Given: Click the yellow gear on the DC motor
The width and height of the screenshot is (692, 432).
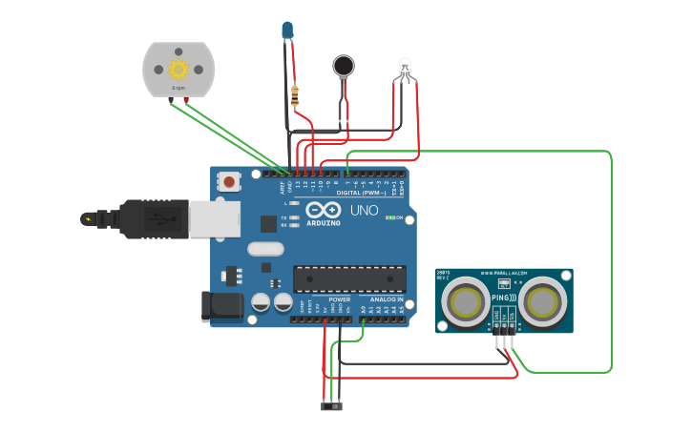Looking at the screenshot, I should [178, 69].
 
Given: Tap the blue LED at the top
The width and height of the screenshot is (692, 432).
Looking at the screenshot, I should [287, 31].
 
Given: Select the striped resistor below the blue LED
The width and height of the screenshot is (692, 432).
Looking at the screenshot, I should [293, 95].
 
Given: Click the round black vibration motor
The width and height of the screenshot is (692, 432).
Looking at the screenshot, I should [343, 65].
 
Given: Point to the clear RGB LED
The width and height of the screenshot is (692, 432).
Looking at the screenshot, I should [405, 69].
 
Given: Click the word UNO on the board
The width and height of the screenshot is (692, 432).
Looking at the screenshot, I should [365, 210].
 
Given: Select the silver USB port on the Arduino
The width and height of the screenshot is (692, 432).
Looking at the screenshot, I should [214, 219].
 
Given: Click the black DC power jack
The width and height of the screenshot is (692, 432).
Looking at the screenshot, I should [219, 306].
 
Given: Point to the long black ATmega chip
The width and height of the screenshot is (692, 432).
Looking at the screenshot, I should [350, 278].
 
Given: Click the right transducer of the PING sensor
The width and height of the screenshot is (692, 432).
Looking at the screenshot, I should [542, 300].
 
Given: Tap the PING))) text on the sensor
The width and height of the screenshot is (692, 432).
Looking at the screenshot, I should [504, 298].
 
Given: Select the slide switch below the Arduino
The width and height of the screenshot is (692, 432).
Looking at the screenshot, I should [331, 406].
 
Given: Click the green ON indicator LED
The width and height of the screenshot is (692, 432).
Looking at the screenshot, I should [391, 217].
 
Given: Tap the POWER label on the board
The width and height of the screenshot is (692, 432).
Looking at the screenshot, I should [339, 299].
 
